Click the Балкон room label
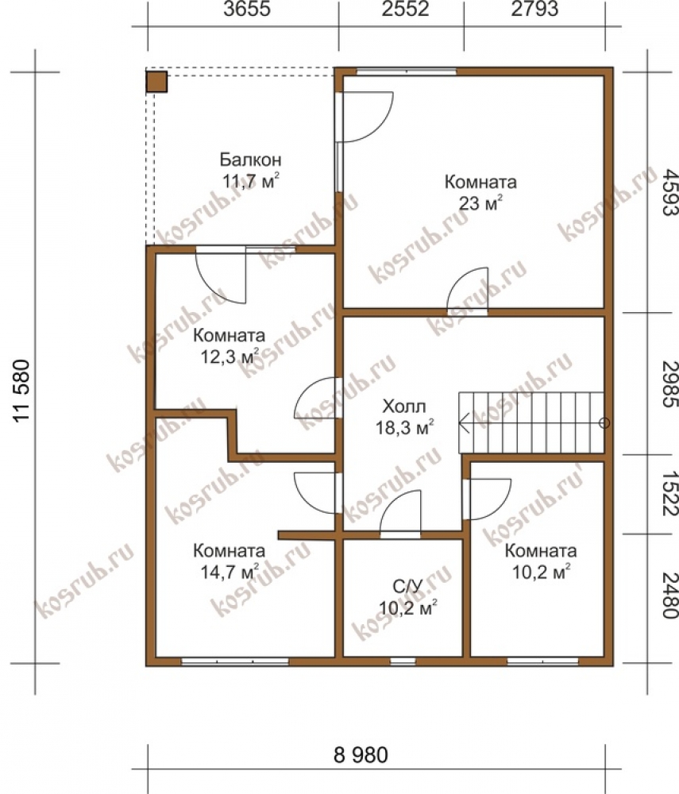point(250,160)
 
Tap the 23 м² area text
point(480,203)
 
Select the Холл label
point(404,406)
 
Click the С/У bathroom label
point(407,587)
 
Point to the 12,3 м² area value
point(230,357)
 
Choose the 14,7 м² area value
point(230,572)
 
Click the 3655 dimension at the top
point(247,9)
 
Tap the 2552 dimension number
point(406,9)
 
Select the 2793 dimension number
point(534,9)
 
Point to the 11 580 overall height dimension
point(22,390)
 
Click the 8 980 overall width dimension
point(361,754)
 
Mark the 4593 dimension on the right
point(669,192)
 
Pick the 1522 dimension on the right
point(669,494)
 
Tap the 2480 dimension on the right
point(669,595)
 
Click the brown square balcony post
point(156,82)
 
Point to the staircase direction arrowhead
point(463,422)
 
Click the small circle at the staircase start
point(604,423)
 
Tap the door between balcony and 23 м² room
point(365,117)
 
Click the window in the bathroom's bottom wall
point(403,661)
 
